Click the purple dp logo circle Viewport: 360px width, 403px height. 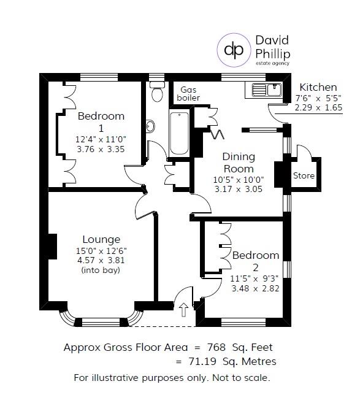pyautogui.click(x=234, y=48)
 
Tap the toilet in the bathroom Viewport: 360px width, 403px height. pyautogui.click(x=157, y=93)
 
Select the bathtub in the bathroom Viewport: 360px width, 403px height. pyautogui.click(x=179, y=133)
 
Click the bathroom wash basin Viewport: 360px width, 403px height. pyautogui.click(x=150, y=126)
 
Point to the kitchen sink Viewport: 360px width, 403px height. pyautogui.click(x=266, y=91)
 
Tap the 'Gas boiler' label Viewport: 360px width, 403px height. pyautogui.click(x=188, y=93)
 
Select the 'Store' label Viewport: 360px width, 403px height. pyautogui.click(x=304, y=176)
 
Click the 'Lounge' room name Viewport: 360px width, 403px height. pyautogui.click(x=101, y=239)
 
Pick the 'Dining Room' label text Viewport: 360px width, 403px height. pyautogui.click(x=238, y=163)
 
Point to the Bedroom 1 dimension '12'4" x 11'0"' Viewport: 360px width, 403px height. pyautogui.click(x=101, y=139)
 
